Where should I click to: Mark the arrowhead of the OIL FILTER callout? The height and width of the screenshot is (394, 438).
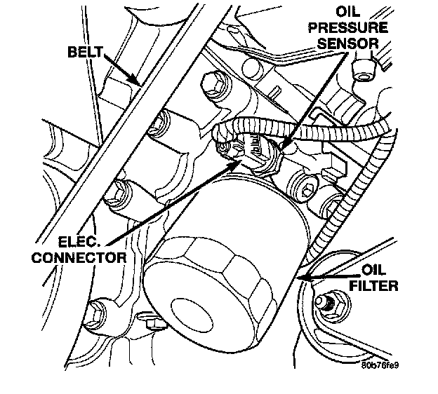click(x=300, y=280)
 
